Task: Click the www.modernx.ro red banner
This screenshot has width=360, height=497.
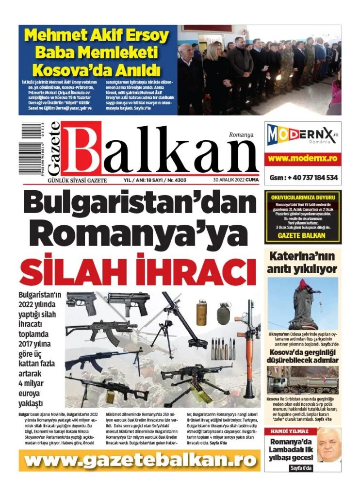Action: tap(303, 159)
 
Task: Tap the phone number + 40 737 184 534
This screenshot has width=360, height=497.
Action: tap(303, 178)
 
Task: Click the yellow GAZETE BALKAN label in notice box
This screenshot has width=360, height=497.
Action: tap(303, 236)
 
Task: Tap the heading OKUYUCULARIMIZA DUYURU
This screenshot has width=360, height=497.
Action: tap(303, 198)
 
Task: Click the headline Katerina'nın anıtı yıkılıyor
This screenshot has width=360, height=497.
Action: tap(303, 263)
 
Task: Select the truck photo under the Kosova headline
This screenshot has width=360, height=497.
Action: tap(303, 380)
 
